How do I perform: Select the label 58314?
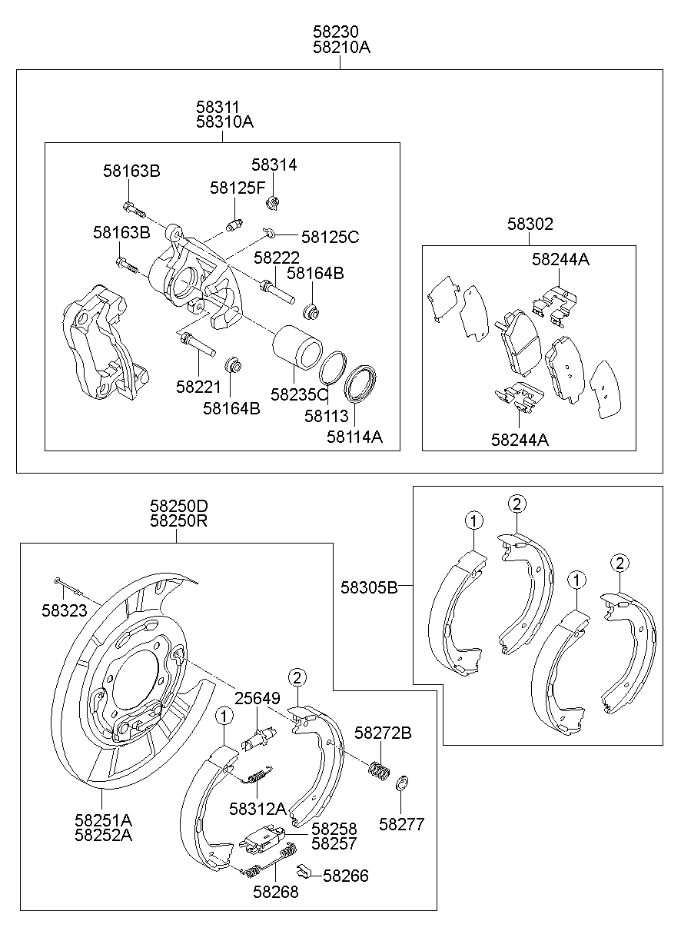coord(274,165)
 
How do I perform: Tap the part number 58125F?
coord(237,188)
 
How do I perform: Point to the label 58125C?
coord(330,237)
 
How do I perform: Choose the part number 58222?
coord(277,258)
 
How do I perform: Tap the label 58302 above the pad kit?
coord(530,224)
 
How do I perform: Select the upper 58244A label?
coord(560,260)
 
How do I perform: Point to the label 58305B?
coord(369,587)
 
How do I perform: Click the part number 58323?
coord(64,611)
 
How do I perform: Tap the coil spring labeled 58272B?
coord(377,769)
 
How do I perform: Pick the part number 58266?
coord(345,876)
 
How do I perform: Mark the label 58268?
coord(275,892)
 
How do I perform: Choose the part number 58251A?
coord(103,820)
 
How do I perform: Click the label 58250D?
coord(179,506)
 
